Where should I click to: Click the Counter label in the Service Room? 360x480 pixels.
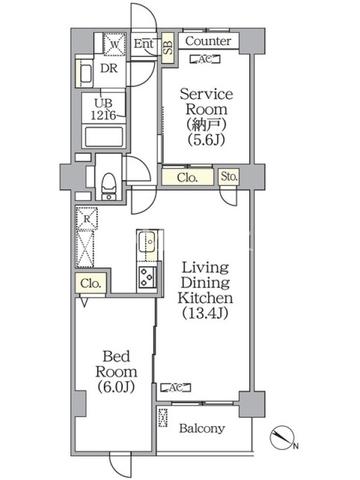208,41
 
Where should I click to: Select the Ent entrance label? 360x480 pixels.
144,43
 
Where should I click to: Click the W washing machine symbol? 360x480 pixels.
113,43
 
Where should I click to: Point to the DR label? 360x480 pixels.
108,68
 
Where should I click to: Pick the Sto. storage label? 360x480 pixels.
229,176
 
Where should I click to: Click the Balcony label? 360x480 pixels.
202,428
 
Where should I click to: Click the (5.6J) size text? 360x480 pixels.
207,140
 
